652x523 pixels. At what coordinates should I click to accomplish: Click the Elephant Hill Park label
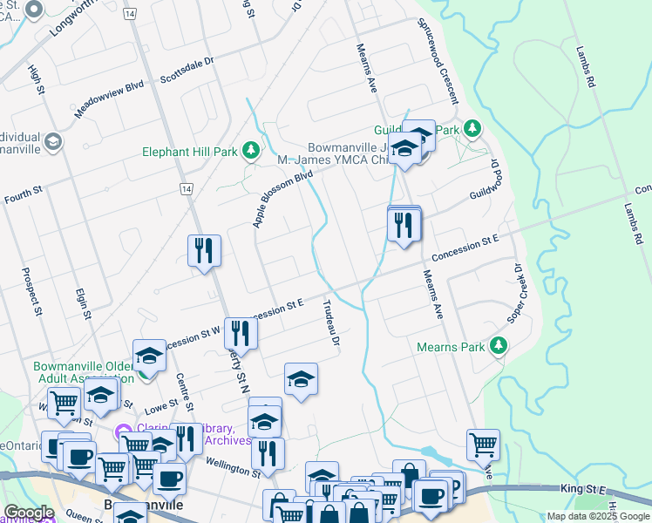pos(190,152)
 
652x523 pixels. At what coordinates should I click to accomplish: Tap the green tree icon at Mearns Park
pos(499,346)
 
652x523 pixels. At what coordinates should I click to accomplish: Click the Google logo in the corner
pos(29,513)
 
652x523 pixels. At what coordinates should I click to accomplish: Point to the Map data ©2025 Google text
pos(598,516)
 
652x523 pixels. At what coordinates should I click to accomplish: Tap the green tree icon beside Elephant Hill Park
pos(251,152)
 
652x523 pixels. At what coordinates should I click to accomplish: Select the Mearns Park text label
pos(451,347)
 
